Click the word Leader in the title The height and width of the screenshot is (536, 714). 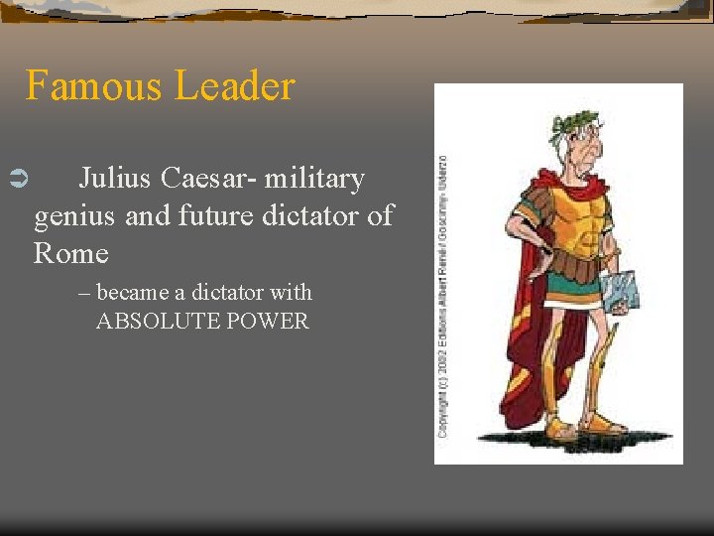tap(235, 86)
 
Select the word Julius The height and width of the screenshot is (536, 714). tap(111, 179)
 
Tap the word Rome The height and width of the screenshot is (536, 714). tap(70, 253)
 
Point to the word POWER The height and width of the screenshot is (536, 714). tap(268, 322)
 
